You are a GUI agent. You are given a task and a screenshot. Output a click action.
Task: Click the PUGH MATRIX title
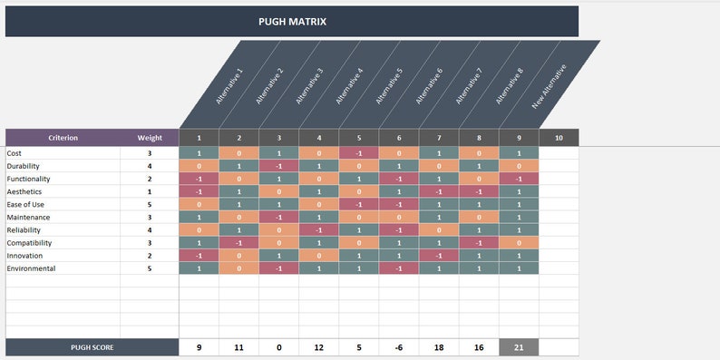tap(291, 22)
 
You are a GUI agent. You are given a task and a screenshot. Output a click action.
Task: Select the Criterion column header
tap(63, 138)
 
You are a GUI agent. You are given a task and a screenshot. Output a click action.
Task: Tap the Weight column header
tap(150, 138)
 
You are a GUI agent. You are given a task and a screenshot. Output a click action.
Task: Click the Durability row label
tap(23, 166)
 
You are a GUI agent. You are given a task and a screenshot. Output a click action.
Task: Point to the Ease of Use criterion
tap(24, 205)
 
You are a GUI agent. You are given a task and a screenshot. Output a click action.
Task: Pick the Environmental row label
tap(31, 268)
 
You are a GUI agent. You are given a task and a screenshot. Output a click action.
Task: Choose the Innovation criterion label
tap(25, 256)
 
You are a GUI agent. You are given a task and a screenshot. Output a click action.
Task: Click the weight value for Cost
tap(150, 153)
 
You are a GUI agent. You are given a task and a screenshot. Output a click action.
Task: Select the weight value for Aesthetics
tap(150, 192)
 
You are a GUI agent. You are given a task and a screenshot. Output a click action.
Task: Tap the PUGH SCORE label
tap(92, 347)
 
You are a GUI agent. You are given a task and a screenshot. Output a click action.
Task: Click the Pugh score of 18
tap(439, 347)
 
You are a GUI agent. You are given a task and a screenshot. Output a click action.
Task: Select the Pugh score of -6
tap(399, 347)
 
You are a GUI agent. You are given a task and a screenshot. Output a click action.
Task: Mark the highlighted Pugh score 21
tap(519, 347)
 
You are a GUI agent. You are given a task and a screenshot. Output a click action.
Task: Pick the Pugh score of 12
tap(319, 347)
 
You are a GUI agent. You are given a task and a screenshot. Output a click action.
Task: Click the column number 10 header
tap(559, 138)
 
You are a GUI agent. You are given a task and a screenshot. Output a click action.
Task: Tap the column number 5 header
tap(359, 138)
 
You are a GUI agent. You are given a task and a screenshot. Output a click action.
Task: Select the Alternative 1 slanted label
tap(229, 87)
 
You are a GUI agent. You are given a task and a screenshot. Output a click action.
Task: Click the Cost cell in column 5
tap(359, 153)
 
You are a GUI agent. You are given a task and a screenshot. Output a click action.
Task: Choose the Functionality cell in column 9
tap(519, 180)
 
